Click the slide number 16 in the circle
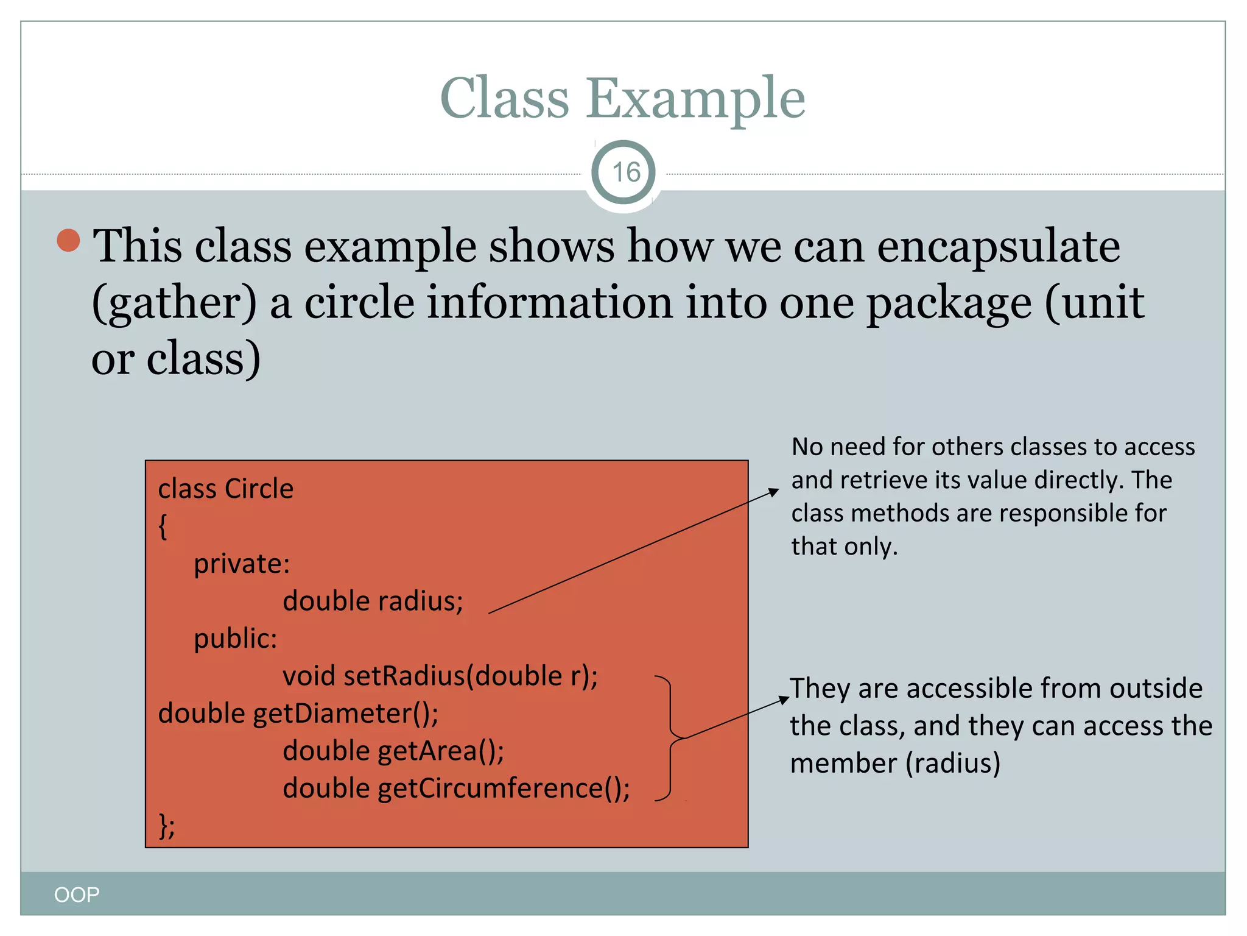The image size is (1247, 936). point(625,172)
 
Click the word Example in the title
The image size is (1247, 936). point(695,99)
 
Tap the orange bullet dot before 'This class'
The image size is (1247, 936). point(69,240)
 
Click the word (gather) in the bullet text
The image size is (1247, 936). point(175,303)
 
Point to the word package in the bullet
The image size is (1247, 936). point(949,303)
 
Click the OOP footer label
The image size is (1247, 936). point(77,895)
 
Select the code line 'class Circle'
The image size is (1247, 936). point(226,489)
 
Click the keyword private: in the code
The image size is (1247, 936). point(242,564)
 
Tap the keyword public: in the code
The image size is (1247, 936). point(235,639)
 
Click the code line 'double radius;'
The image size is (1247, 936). point(373,601)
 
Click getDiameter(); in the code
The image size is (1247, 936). point(345,714)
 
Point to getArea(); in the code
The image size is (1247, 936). point(441,751)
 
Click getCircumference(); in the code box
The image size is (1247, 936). point(504,789)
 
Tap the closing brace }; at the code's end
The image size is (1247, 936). point(166,826)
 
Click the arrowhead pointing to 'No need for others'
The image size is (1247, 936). point(774,491)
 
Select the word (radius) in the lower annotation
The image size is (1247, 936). point(953,763)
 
